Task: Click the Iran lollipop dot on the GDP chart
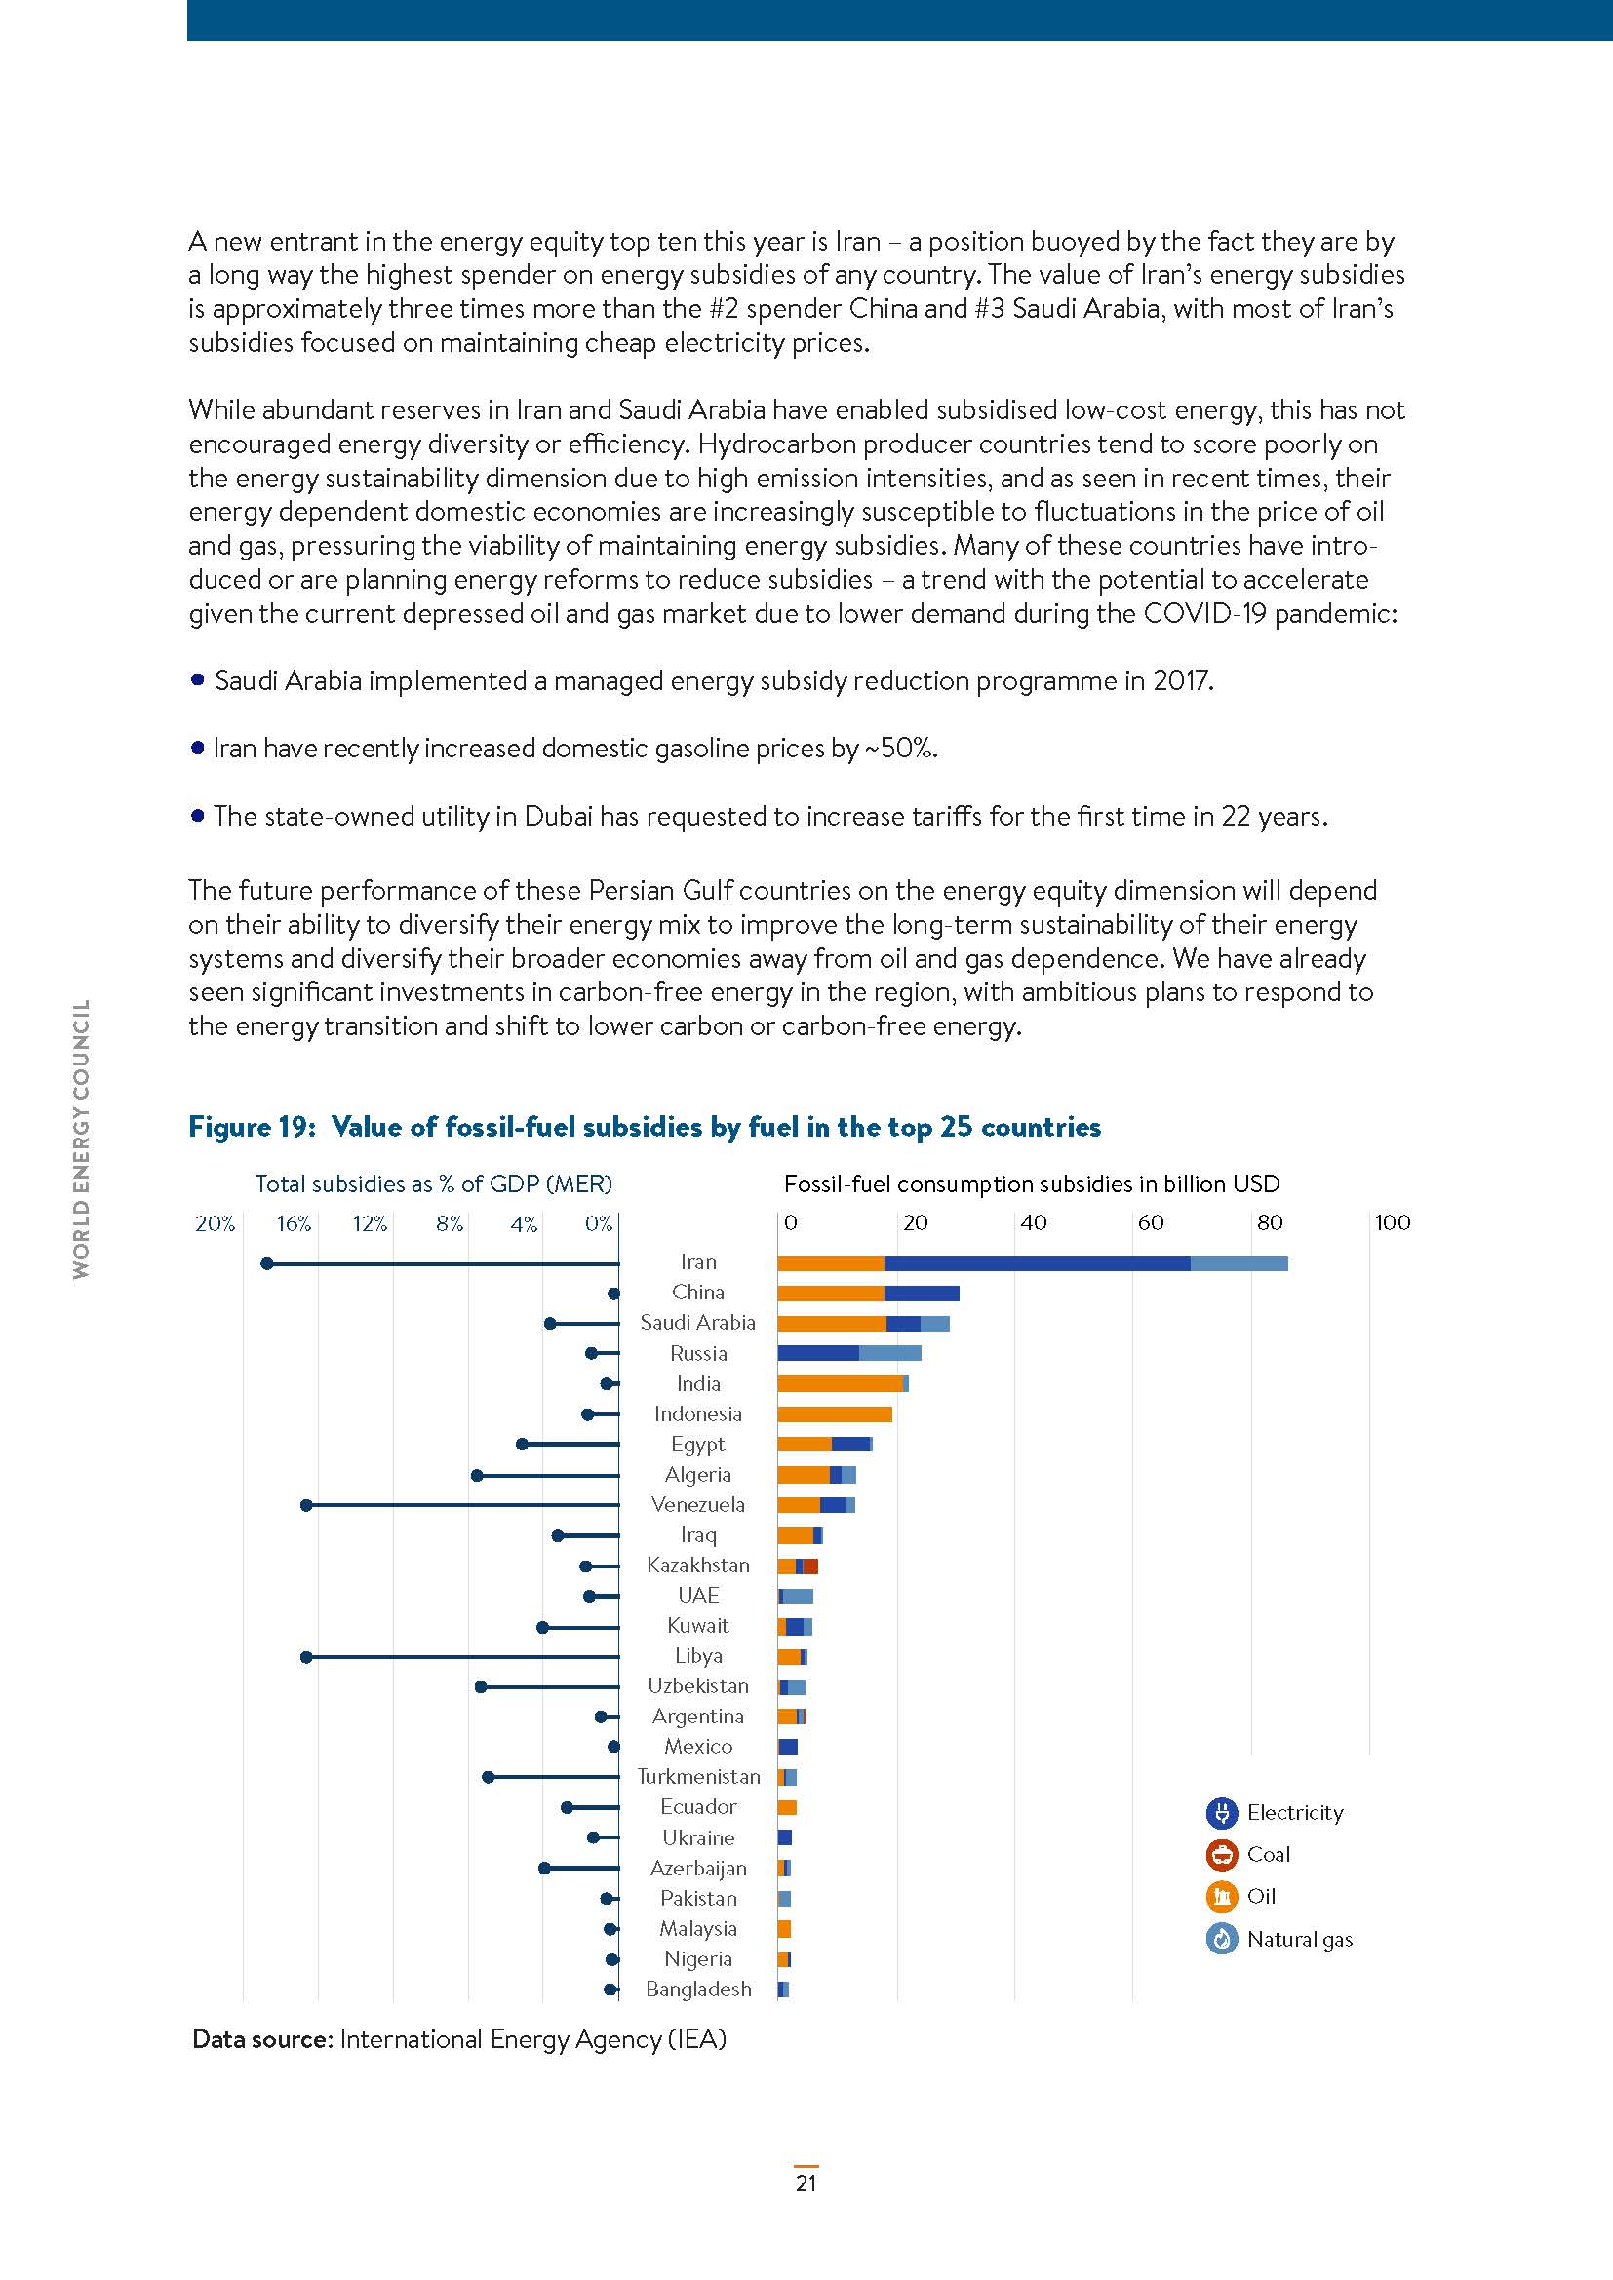point(266,1263)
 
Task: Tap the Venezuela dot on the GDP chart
point(306,1505)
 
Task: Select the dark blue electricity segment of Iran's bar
point(1036,1263)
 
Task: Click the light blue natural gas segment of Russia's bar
point(890,1353)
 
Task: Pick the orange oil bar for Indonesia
point(835,1414)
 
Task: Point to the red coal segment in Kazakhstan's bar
point(810,1566)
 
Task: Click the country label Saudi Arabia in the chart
point(697,1323)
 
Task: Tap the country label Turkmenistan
point(698,1777)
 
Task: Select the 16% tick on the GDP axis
point(293,1223)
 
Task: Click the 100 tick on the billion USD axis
point(1392,1222)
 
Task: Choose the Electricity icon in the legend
point(1221,1813)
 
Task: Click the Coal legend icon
point(1221,1855)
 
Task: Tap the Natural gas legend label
point(1299,1940)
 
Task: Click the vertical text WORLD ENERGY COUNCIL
point(82,1139)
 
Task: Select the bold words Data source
point(261,2038)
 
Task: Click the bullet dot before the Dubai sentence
point(197,815)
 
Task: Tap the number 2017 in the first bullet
point(1181,681)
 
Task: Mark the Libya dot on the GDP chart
point(306,1656)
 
